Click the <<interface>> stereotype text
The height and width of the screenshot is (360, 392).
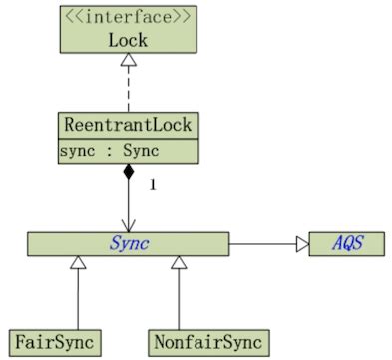127,18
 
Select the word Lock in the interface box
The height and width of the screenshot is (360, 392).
127,40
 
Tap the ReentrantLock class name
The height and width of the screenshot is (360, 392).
128,127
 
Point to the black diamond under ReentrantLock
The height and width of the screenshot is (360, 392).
128,174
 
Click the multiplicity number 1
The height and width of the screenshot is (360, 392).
153,184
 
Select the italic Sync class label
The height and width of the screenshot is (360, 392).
129,243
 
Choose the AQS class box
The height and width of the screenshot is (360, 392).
345,243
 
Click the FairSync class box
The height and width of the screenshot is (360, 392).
55,342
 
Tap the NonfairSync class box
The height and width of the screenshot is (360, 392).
209,342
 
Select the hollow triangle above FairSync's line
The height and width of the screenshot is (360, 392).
78,263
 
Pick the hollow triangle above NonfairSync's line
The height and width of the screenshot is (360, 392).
179,263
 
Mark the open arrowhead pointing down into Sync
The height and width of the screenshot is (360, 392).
128,225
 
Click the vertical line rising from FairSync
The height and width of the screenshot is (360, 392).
78,299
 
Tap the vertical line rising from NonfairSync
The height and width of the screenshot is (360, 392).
179,299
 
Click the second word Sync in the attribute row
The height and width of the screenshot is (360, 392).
140,152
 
